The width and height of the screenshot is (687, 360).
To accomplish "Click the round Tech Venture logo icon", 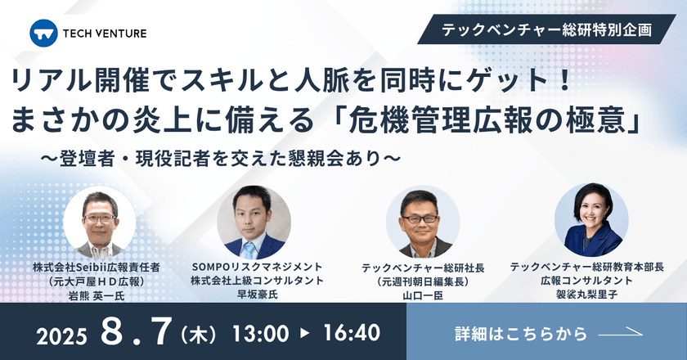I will pyautogui.click(x=42, y=33).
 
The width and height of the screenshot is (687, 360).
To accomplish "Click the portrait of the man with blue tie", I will pyautogui.click(x=254, y=223).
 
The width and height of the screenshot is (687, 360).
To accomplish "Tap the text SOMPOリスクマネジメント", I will pyautogui.click(x=257, y=267).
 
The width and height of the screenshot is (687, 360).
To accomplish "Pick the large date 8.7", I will pyautogui.click(x=139, y=331).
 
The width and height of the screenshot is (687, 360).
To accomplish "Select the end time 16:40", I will pyautogui.click(x=351, y=333).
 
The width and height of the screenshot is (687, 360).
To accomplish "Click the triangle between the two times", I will pyautogui.click(x=304, y=333).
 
